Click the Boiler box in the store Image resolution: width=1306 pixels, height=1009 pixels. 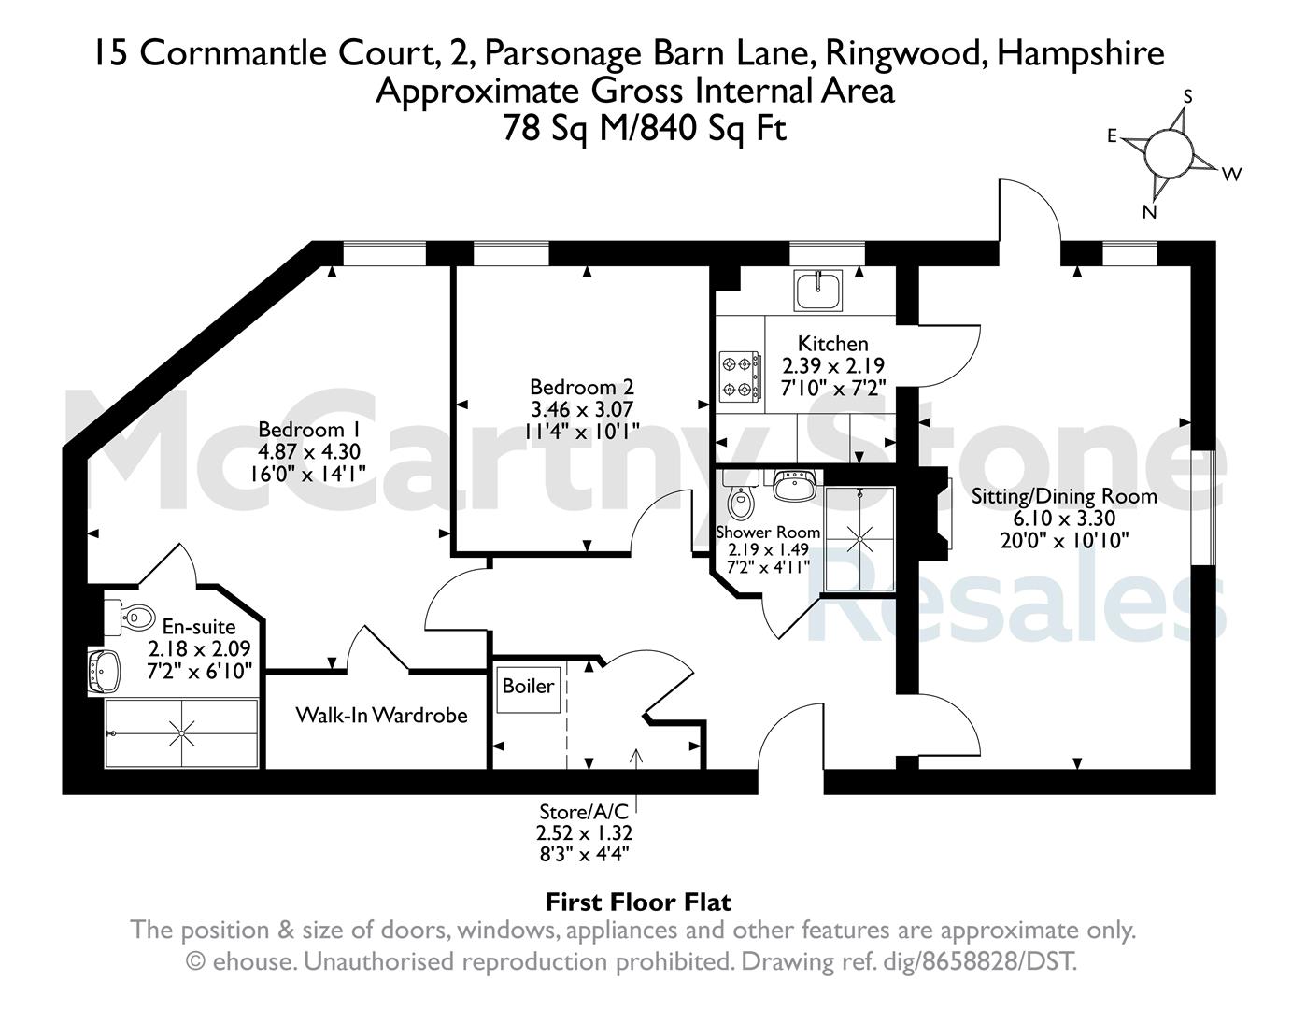click(529, 687)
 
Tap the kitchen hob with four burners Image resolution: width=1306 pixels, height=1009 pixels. click(740, 377)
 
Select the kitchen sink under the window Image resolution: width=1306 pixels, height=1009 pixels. click(818, 290)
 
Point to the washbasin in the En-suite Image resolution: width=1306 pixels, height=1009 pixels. click(104, 671)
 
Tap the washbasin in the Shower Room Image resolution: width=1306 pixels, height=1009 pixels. click(793, 484)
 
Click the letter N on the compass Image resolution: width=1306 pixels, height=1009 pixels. click(1149, 212)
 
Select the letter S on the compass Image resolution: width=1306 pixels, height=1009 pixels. click(1188, 97)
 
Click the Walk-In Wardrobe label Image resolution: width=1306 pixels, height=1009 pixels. click(382, 715)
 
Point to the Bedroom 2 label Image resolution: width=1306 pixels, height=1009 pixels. click(581, 387)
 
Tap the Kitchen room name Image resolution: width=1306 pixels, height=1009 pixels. click(833, 344)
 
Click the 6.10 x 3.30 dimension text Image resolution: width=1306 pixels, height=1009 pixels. click(1064, 518)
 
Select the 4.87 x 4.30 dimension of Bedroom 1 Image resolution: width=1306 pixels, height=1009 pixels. click(309, 451)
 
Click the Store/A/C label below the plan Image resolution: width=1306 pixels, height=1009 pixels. click(584, 812)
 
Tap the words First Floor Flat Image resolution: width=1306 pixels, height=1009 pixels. click(638, 902)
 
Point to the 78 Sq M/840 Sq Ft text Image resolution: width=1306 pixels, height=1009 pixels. click(645, 128)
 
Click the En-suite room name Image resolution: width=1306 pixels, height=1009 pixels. click(199, 627)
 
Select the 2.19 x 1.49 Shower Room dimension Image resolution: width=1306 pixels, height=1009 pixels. click(769, 549)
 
